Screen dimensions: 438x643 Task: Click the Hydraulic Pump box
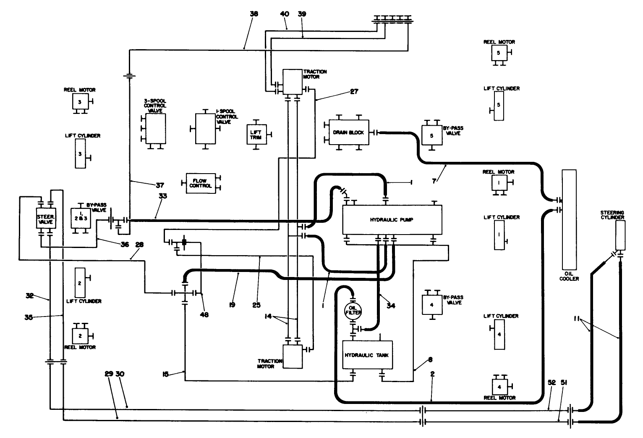[392, 220]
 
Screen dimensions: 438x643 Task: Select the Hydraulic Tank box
[366, 355]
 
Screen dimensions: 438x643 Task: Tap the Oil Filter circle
[352, 311]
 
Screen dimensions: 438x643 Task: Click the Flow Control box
[201, 183]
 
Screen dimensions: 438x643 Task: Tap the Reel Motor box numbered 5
[499, 53]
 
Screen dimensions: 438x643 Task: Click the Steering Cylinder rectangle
[620, 236]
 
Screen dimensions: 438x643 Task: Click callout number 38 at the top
[254, 14]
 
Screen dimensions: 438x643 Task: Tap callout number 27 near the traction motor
[354, 91]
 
